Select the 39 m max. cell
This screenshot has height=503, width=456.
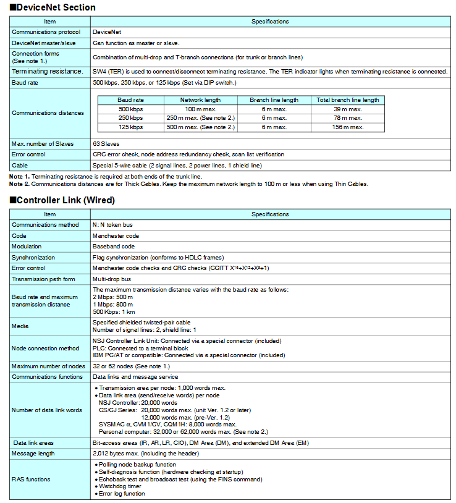point(348,109)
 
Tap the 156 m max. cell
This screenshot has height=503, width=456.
point(348,127)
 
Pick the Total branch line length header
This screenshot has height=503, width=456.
point(348,99)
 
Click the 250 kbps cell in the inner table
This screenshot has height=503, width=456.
point(130,118)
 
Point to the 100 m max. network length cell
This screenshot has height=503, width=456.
point(200,109)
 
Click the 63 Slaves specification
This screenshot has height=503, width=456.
point(106,143)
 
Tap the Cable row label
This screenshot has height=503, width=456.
point(20,166)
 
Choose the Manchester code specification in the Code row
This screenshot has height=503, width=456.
point(116,235)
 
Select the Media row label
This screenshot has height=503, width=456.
point(20,326)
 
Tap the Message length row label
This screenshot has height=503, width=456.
point(34,454)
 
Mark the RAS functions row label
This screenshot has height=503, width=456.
point(31,479)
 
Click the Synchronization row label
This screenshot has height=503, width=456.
point(33,257)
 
